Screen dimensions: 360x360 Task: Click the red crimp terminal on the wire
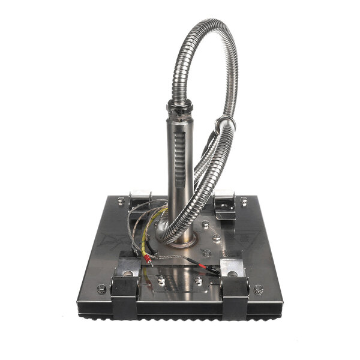(146, 259)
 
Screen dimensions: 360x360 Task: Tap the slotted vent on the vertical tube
(176, 161)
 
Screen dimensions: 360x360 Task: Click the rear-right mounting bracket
(224, 203)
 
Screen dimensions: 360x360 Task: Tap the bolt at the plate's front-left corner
(102, 289)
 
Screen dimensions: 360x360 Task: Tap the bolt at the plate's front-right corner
(259, 289)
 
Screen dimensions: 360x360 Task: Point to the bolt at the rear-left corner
(121, 200)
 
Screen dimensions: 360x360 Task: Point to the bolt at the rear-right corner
(244, 201)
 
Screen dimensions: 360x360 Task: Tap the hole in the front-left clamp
(127, 273)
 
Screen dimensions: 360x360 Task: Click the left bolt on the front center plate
(161, 279)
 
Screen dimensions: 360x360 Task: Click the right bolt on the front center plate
(199, 280)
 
